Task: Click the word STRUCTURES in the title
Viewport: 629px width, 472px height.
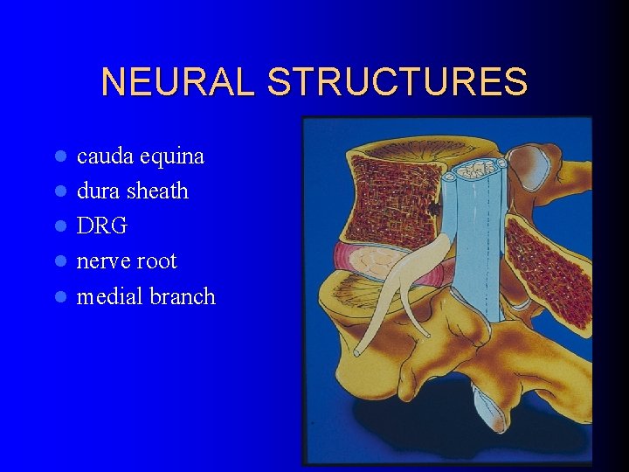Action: [397, 82]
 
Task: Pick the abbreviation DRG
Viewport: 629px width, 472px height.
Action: [102, 226]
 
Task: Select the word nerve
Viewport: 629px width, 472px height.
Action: [105, 261]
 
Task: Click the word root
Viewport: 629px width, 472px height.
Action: [157, 261]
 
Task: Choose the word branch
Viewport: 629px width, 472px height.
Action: [183, 296]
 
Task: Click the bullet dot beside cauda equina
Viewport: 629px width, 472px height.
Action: [59, 157]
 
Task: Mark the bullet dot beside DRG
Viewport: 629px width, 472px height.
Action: [59, 226]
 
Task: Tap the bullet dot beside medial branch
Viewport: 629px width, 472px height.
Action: [59, 297]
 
